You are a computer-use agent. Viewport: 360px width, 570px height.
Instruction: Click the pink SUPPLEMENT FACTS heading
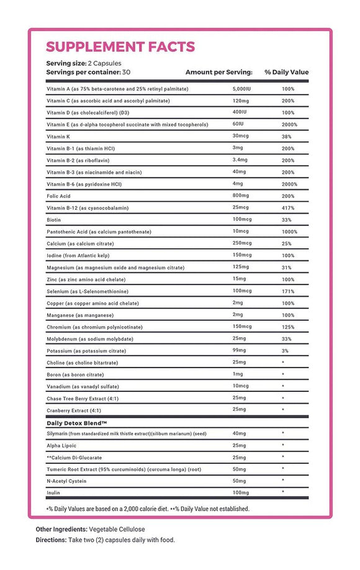pyautogui.click(x=120, y=47)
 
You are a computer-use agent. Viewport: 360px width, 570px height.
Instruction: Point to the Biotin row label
pyautogui.click(x=54, y=220)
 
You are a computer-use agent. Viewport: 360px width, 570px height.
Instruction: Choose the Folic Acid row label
pyautogui.click(x=59, y=196)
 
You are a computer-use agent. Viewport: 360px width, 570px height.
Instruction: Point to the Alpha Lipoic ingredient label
pyautogui.click(x=61, y=445)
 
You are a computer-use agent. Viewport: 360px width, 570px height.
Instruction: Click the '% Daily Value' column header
pyautogui.click(x=286, y=72)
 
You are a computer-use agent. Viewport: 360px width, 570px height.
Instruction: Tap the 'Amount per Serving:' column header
pyautogui.click(x=218, y=72)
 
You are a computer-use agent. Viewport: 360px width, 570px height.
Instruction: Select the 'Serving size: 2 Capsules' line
pyautogui.click(x=83, y=63)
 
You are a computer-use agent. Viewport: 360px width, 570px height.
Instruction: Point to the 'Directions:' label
pyautogui.click(x=55, y=540)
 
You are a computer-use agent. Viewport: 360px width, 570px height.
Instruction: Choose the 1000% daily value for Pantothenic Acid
pyautogui.click(x=289, y=232)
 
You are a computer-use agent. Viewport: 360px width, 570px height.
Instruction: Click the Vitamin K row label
pyautogui.click(x=60, y=136)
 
